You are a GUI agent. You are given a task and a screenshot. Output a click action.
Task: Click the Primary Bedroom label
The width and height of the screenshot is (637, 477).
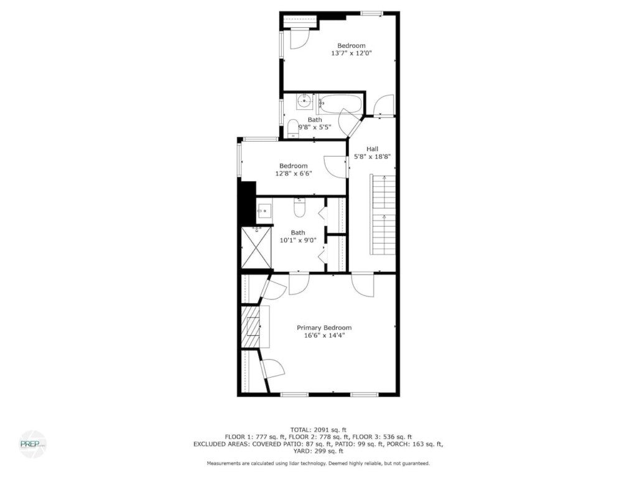click(323, 328)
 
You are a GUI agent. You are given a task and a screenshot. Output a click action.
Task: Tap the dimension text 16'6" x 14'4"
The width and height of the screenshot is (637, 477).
click(324, 335)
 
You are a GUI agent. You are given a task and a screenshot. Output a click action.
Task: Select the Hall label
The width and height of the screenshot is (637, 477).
click(372, 149)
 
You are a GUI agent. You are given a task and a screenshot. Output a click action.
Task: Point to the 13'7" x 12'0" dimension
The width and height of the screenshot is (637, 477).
click(351, 53)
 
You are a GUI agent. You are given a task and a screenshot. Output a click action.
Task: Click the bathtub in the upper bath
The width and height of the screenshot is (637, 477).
click(340, 104)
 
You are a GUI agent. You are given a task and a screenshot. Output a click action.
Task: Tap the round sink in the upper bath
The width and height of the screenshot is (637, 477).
click(305, 101)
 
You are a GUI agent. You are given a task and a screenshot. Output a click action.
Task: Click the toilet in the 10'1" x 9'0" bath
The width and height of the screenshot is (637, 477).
click(300, 207)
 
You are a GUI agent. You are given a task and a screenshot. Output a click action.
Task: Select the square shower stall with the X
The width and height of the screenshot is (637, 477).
click(256, 247)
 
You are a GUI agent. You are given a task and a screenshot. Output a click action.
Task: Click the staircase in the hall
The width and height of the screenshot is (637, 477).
click(383, 214)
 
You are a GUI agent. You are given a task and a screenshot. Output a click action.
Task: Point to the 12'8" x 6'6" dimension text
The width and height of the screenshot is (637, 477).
click(294, 173)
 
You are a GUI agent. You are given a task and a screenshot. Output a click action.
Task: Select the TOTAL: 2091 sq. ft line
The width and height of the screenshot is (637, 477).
click(318, 430)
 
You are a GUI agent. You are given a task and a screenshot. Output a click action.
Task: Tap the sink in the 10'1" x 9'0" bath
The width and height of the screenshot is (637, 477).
click(264, 210)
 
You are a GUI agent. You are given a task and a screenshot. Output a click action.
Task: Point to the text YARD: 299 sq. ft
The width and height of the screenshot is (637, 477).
click(318, 451)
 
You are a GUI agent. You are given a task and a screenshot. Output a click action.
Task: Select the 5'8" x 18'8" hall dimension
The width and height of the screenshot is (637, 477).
click(372, 157)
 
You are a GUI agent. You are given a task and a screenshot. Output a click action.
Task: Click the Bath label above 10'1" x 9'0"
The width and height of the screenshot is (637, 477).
click(298, 232)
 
